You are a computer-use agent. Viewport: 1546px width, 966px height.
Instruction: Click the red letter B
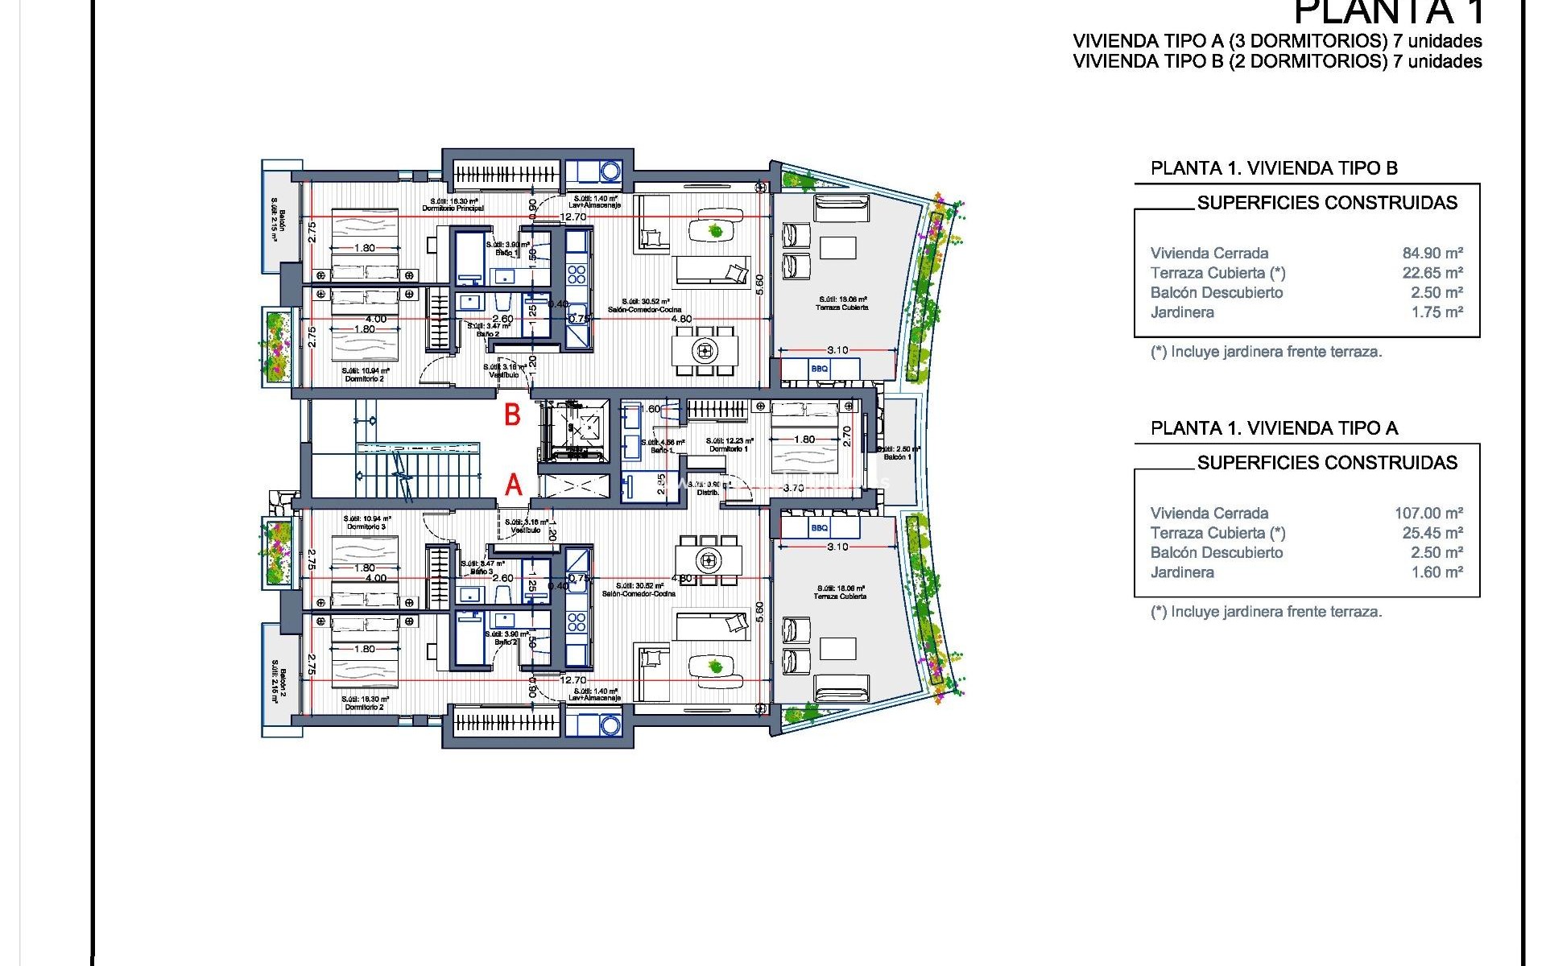[512, 415]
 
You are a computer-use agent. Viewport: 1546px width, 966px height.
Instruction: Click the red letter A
[514, 485]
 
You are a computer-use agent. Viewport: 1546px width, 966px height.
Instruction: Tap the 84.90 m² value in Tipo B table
[1432, 253]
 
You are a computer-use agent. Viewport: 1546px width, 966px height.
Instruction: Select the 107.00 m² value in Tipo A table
[1428, 513]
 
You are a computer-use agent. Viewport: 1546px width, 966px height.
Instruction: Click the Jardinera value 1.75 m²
[1436, 312]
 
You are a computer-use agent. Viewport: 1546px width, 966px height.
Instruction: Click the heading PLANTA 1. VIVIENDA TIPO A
[1274, 428]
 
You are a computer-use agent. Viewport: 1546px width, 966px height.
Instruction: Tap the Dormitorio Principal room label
[453, 208]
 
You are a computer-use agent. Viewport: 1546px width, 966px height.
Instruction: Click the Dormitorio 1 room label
[729, 448]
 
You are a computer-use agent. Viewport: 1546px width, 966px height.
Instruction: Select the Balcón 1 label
[897, 456]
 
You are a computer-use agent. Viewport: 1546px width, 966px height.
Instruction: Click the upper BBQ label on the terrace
[819, 369]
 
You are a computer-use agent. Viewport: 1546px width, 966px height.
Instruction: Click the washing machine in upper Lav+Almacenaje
[610, 171]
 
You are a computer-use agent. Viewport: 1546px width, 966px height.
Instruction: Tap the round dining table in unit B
[705, 350]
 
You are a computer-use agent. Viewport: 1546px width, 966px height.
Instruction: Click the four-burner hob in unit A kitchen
[577, 621]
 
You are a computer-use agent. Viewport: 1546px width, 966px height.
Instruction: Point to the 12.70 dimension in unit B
[573, 217]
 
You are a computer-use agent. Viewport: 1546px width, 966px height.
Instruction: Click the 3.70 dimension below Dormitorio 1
[793, 488]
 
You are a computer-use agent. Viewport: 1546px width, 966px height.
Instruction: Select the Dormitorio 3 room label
[366, 526]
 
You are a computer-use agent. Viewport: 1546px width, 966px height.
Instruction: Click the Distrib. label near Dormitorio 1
[708, 492]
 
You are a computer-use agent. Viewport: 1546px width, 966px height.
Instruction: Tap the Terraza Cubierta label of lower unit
[840, 597]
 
